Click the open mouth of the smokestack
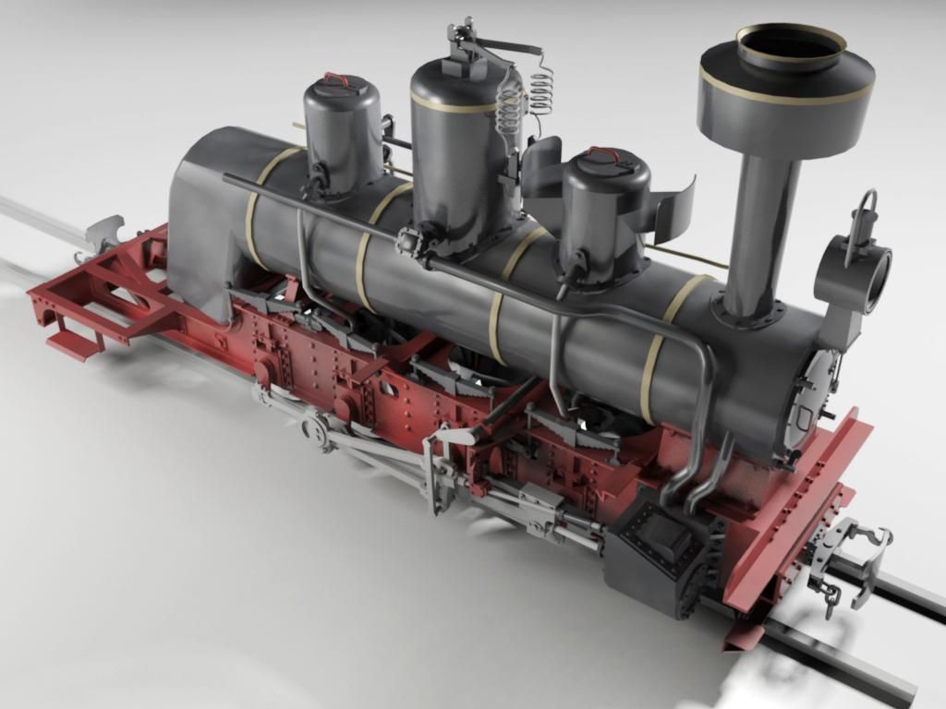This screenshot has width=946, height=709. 790,45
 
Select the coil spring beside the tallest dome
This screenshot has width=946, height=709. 541,92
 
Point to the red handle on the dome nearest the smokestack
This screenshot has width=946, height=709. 604,154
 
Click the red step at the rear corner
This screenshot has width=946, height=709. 75,344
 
